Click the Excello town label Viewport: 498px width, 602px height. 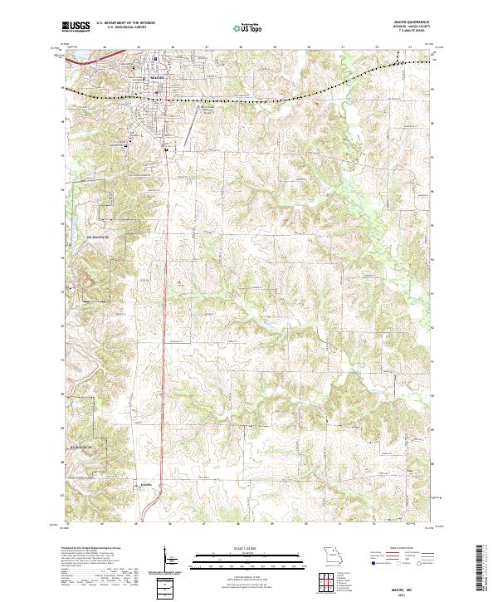click(x=146, y=481)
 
